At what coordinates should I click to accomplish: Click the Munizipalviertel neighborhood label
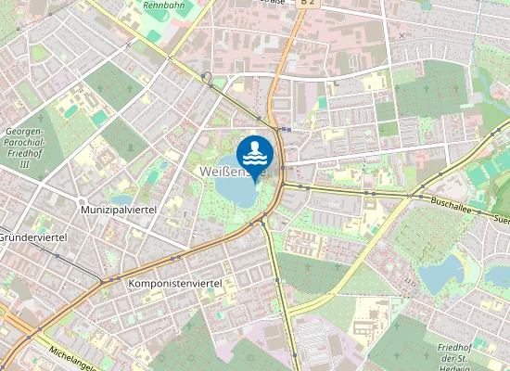tap(118, 211)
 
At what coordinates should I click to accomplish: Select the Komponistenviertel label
tap(174, 281)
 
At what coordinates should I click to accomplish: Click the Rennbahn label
tap(163, 6)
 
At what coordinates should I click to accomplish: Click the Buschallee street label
tap(440, 199)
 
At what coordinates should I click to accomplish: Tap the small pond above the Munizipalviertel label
tap(121, 198)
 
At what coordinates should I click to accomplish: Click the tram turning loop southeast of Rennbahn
tap(206, 77)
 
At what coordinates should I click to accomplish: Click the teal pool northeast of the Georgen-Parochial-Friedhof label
tap(98, 118)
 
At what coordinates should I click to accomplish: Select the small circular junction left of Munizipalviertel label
tap(82, 201)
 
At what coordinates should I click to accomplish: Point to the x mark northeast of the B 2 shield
tap(402, 35)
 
